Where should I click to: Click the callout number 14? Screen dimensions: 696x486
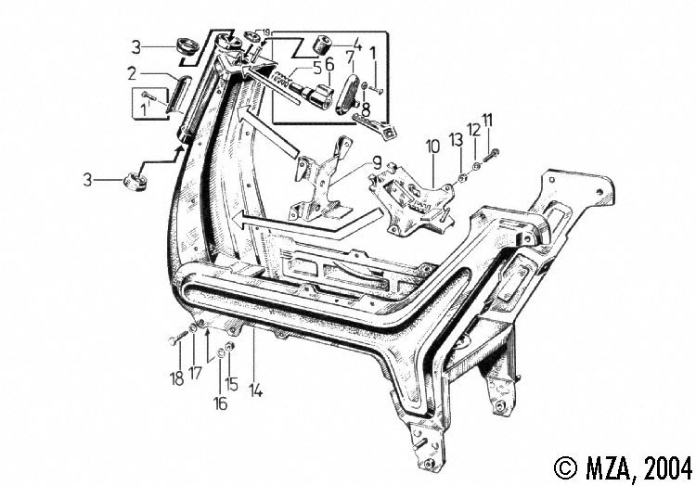point(256,391)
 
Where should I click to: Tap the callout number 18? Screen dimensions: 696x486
point(176,378)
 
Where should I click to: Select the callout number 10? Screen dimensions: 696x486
point(432,147)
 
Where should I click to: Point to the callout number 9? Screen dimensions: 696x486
point(377,163)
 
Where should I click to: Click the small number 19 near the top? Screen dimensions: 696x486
point(266,32)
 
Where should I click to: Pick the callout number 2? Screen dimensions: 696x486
point(132,73)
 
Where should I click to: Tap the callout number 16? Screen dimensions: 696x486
point(221,403)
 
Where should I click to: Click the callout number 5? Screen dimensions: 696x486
point(317,69)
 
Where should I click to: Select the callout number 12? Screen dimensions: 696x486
point(473,130)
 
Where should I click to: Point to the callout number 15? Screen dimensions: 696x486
point(231,384)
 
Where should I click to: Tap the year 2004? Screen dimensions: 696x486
point(668,468)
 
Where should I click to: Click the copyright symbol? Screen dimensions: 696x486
point(566,467)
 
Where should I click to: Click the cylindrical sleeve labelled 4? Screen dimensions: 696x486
point(322,45)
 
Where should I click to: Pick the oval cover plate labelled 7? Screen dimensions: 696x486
point(348,95)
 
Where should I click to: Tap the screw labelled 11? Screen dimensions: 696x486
point(490,156)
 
